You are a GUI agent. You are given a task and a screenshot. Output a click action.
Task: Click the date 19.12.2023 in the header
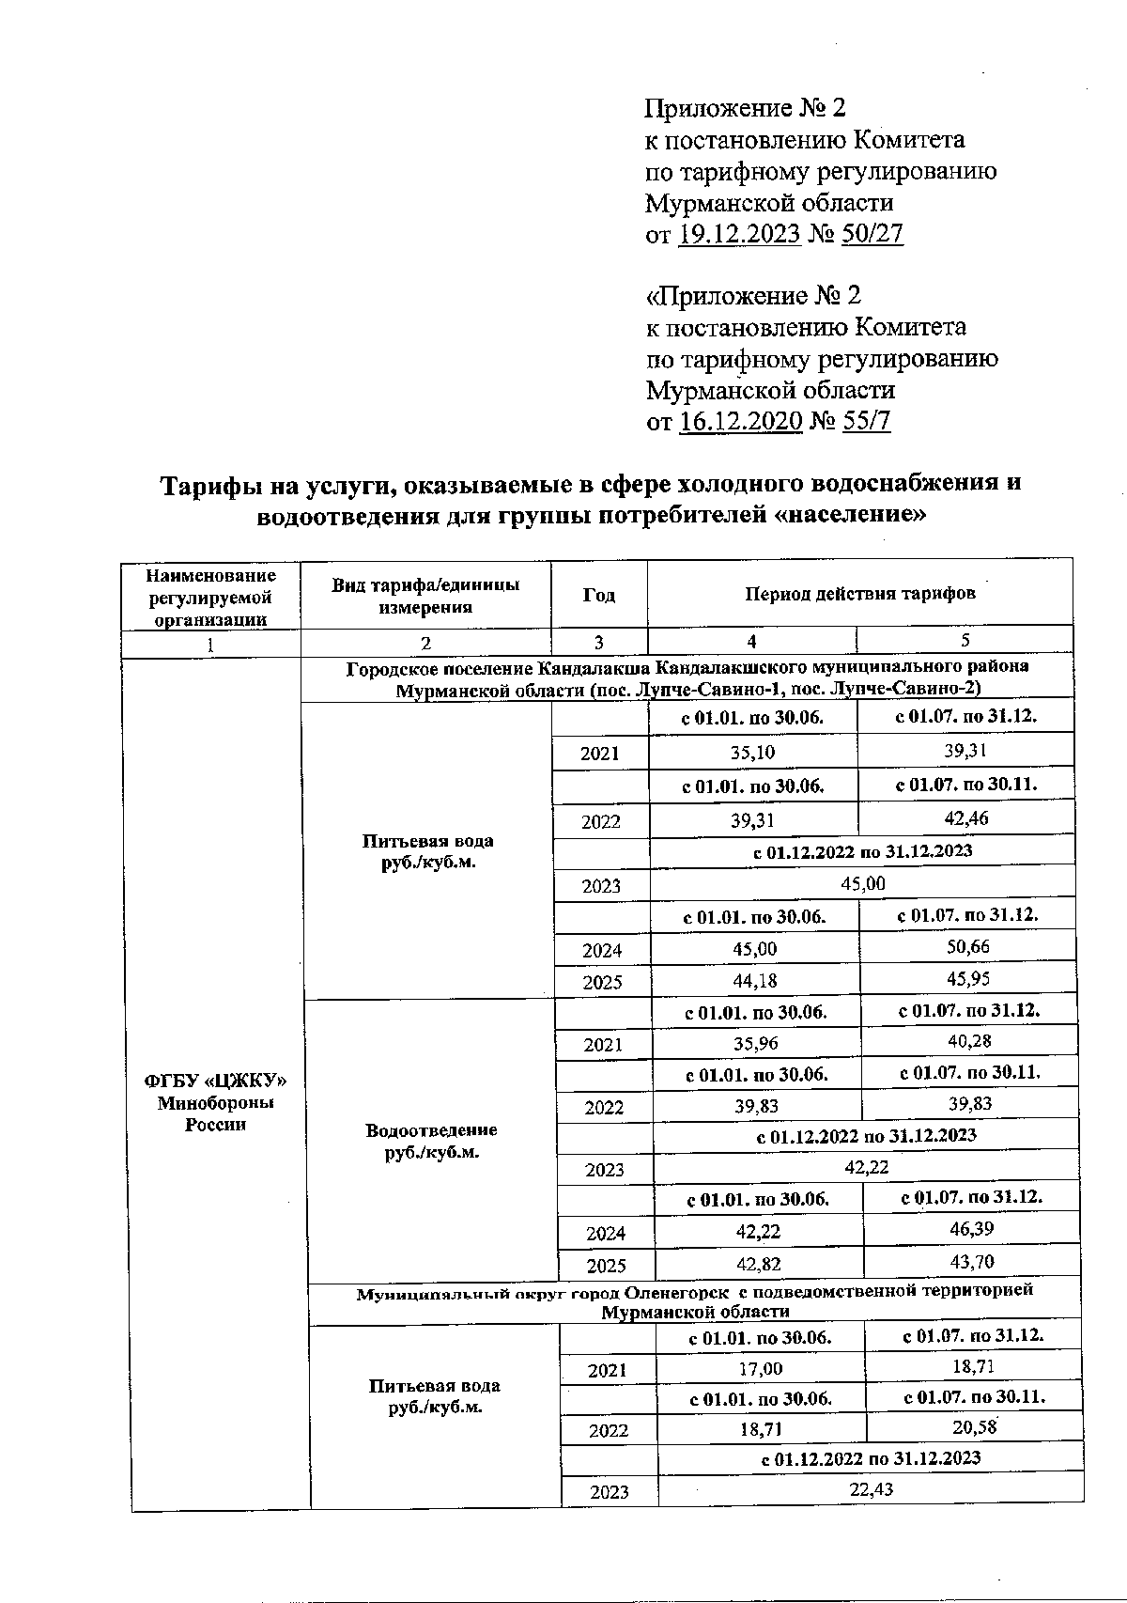(739, 234)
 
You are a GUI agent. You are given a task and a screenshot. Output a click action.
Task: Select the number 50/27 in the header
(872, 234)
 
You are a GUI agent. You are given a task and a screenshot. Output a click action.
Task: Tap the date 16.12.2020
(740, 421)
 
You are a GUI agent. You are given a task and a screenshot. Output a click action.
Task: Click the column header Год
(599, 596)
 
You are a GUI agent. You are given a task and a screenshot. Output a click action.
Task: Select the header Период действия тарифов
(860, 594)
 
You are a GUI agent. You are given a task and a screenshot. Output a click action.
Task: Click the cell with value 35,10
(753, 752)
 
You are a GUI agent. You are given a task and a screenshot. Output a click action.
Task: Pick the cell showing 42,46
(966, 818)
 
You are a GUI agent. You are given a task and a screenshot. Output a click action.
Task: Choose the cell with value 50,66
(968, 947)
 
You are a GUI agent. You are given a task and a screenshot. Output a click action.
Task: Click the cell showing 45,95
(968, 979)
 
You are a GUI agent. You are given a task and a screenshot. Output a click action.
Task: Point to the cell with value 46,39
(972, 1228)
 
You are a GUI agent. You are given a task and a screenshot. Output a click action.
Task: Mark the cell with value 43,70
(972, 1262)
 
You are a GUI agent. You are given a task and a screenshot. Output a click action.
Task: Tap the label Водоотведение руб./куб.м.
(432, 1141)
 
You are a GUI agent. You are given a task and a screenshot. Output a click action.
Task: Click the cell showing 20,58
(974, 1429)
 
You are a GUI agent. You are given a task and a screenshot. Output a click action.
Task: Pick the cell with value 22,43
(870, 1490)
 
